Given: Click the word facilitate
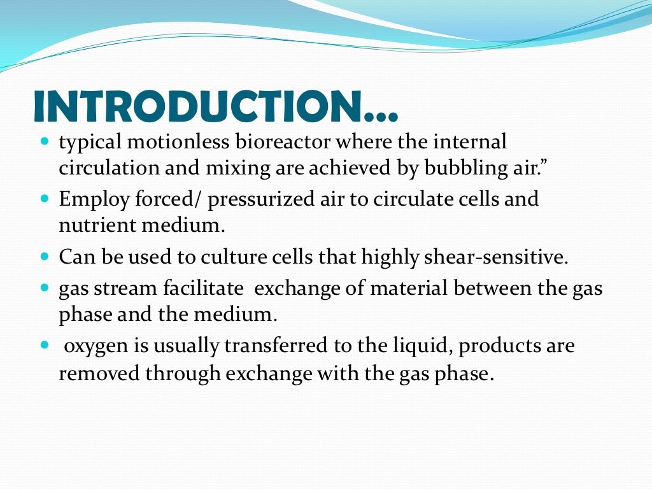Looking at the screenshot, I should coord(200,288).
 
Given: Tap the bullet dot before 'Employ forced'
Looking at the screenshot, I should coord(44,199).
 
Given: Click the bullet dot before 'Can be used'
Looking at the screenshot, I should coord(44,257).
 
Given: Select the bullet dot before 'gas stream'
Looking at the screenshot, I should coord(44,288).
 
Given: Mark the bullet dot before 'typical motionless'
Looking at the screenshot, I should coord(44,141).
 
